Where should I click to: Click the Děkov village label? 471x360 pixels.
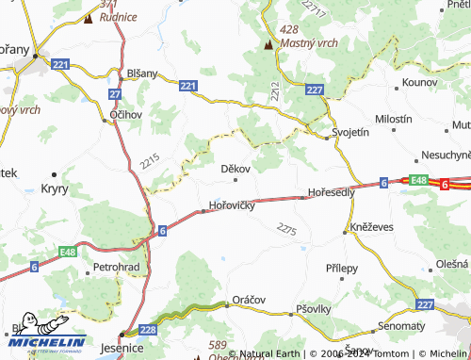click(x=235, y=169)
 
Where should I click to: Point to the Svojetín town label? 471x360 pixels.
click(x=350, y=133)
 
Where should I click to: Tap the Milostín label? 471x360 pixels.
click(x=394, y=121)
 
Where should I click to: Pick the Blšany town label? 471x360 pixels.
click(x=146, y=72)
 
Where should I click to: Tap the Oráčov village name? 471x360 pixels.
click(x=250, y=299)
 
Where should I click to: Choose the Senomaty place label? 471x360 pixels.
click(x=400, y=325)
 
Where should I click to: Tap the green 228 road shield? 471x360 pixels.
click(x=148, y=329)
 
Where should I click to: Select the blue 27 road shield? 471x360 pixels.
click(x=115, y=94)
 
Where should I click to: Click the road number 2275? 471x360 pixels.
click(x=287, y=229)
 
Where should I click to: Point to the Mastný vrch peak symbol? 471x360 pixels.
click(x=268, y=43)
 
